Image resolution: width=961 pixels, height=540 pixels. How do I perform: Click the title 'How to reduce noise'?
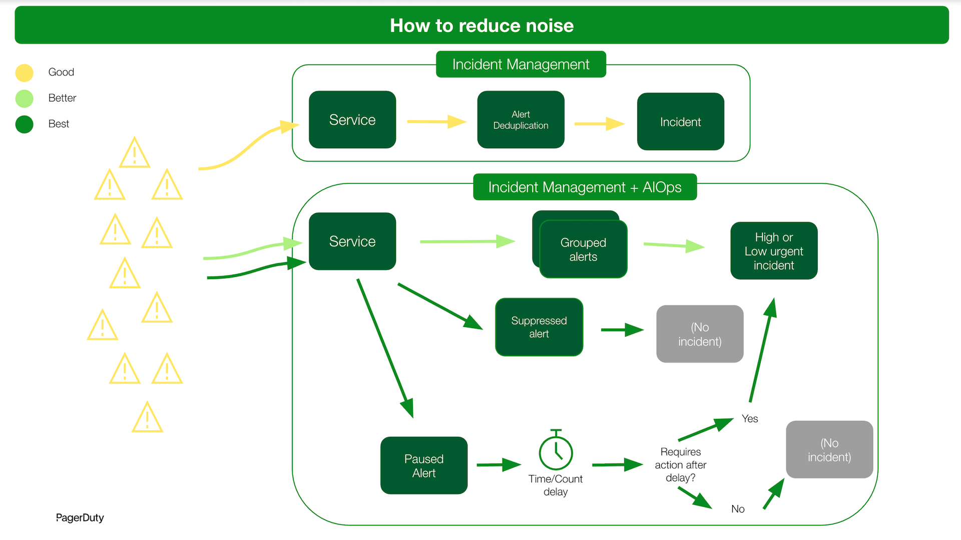[x=482, y=26]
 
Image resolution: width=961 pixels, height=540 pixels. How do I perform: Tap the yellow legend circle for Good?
[x=24, y=73]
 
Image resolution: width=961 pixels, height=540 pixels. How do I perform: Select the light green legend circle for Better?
[x=24, y=99]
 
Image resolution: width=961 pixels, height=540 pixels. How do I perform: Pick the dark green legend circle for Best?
[x=24, y=124]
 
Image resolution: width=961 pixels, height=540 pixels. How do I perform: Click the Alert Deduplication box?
[x=521, y=120]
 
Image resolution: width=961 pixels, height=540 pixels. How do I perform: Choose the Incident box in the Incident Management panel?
[x=680, y=122]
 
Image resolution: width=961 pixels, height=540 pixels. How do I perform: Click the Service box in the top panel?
[x=352, y=120]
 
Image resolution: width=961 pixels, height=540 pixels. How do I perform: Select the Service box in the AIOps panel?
[x=352, y=241]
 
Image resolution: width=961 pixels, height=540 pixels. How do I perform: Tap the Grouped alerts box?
[x=583, y=249]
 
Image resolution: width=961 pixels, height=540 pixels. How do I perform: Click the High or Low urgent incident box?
[x=774, y=251]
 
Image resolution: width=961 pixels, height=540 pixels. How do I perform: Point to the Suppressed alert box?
[x=539, y=327]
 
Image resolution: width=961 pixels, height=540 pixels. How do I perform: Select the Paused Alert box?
[x=423, y=465]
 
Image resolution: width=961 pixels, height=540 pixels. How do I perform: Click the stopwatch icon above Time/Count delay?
[x=556, y=451]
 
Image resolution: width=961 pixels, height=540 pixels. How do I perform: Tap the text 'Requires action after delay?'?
[x=680, y=465]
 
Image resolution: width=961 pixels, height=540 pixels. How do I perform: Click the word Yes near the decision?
[x=749, y=419]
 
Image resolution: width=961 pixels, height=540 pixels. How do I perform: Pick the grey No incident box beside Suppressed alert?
[x=700, y=334]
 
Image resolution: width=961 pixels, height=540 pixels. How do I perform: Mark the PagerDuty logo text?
[x=80, y=517]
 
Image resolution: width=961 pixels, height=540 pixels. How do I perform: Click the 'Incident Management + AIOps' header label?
[x=585, y=187]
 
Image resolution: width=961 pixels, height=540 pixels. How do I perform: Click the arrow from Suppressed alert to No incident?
[x=622, y=330]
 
